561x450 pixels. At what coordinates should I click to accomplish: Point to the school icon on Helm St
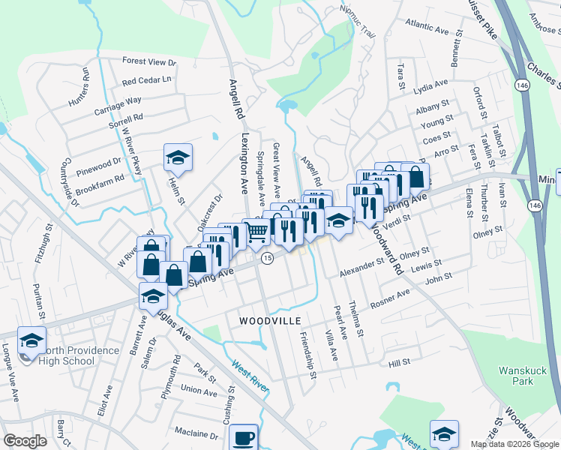(x=178, y=157)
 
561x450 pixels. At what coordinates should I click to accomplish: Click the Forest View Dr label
(x=148, y=62)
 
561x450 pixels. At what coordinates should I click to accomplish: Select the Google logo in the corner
(x=25, y=441)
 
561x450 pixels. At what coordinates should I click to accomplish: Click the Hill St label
(x=400, y=363)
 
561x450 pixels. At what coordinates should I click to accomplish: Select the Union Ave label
(x=199, y=390)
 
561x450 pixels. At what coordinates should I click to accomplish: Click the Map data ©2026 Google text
(x=514, y=444)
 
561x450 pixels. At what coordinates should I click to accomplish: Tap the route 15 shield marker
(x=266, y=258)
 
